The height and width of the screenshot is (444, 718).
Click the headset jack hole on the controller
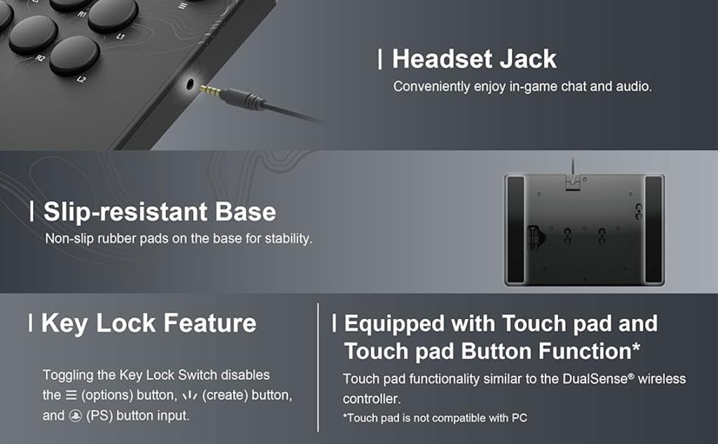tap(190, 84)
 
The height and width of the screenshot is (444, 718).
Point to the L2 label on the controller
tap(81, 80)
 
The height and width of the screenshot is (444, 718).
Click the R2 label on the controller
tap(40, 58)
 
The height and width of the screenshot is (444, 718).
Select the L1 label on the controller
tap(120, 36)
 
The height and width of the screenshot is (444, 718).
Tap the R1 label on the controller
tap(81, 14)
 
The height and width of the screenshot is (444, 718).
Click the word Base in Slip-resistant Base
tap(245, 212)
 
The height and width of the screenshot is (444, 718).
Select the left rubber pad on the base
tap(515, 229)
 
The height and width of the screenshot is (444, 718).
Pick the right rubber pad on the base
tap(653, 229)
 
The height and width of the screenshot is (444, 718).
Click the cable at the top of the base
tap(572, 166)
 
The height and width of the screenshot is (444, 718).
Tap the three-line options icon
tap(71, 395)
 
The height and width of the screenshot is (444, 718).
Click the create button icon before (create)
tap(189, 396)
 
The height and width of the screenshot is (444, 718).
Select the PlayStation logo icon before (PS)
tap(75, 415)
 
